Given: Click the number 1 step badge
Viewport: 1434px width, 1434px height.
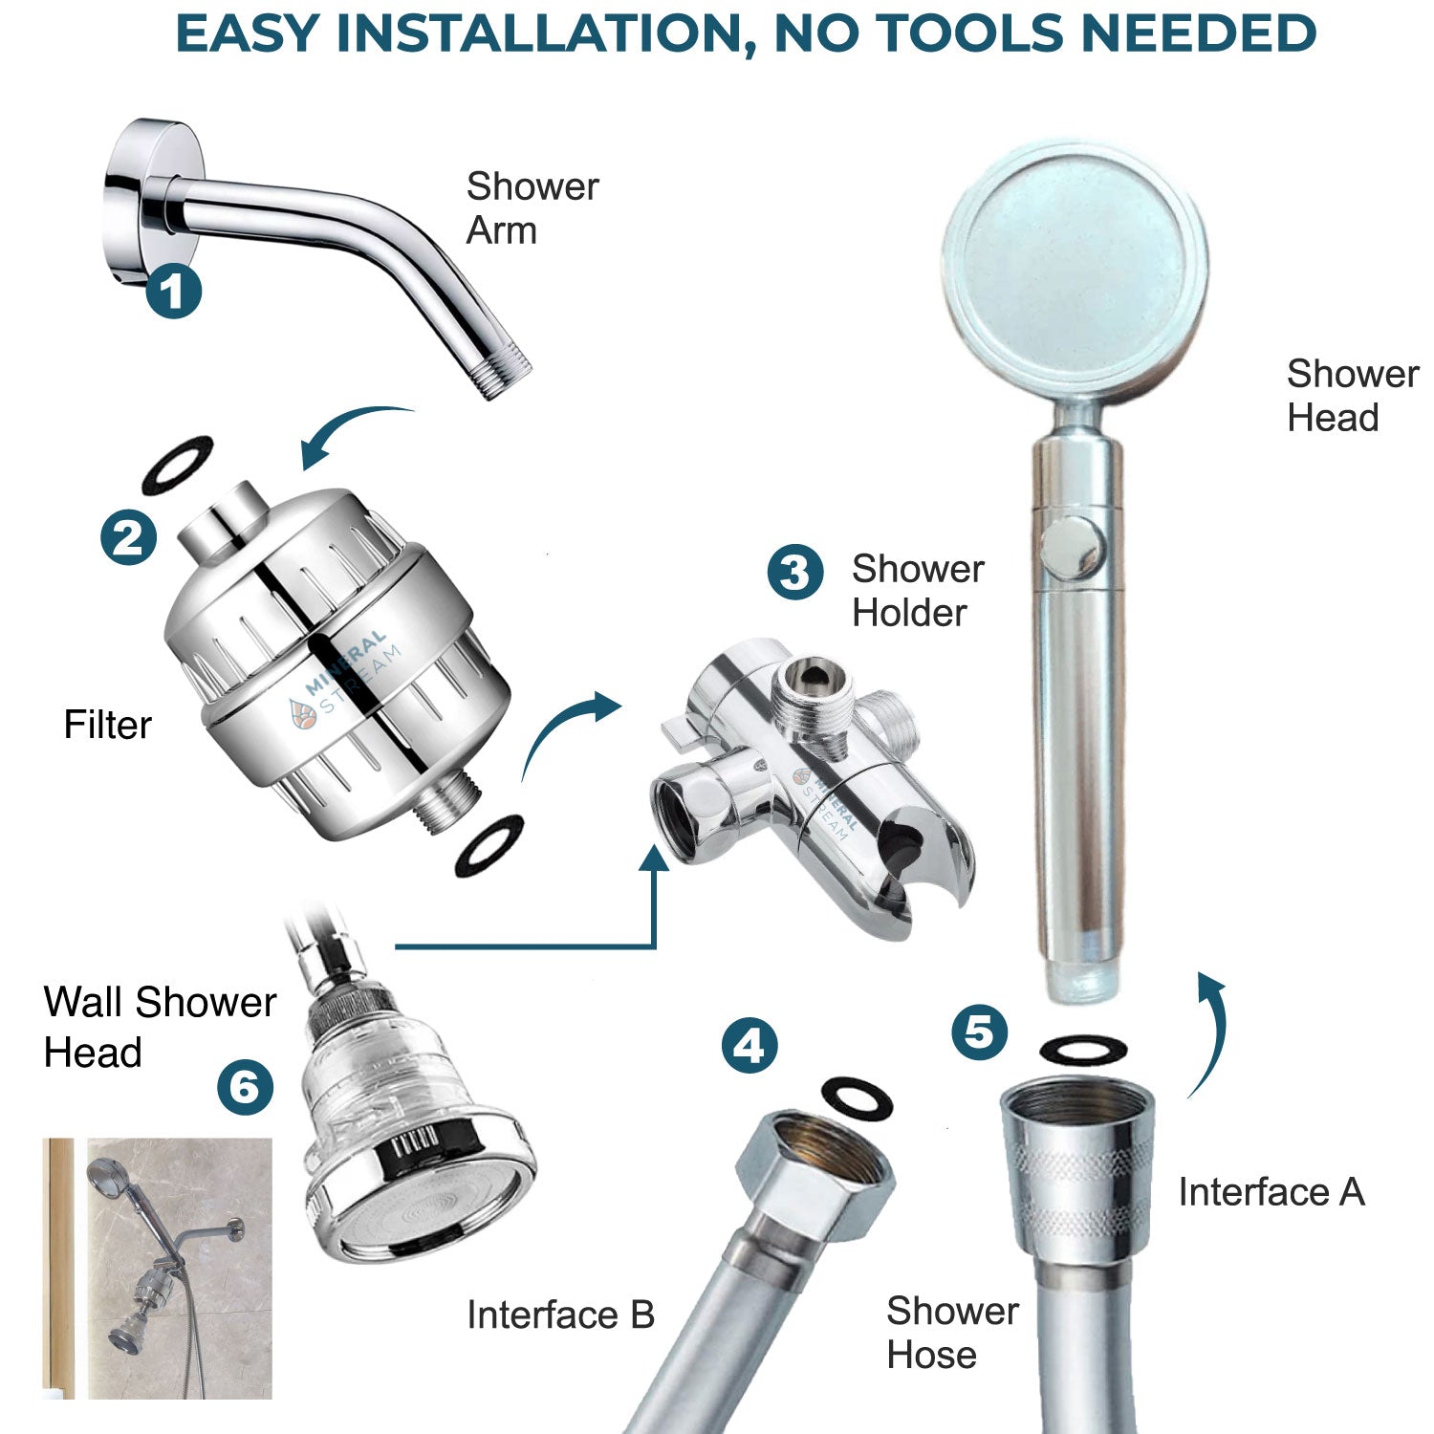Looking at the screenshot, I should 173,291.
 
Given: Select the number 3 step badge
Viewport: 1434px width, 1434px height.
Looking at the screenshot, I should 794,573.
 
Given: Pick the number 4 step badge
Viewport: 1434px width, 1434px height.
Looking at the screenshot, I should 749,1045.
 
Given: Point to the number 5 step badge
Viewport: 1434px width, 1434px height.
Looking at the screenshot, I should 979,1032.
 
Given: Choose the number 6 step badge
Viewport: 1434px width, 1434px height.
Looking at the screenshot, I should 245,1087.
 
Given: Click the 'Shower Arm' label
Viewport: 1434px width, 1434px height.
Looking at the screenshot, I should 532,208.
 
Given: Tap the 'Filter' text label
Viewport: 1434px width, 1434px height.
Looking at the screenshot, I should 107,725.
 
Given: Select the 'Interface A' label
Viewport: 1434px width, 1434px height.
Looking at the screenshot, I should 1271,1192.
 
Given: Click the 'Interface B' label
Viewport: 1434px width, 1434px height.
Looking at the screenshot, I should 560,1315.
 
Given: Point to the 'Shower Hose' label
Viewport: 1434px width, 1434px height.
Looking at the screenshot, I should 951,1333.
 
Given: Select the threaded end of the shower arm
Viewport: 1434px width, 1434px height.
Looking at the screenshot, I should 504,376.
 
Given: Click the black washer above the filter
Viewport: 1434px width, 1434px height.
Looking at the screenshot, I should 177,465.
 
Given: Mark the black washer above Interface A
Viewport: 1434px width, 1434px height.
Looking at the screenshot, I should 1082,1050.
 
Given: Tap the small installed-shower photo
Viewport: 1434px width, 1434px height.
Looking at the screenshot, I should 158,1268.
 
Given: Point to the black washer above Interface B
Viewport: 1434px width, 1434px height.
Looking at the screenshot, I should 857,1097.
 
